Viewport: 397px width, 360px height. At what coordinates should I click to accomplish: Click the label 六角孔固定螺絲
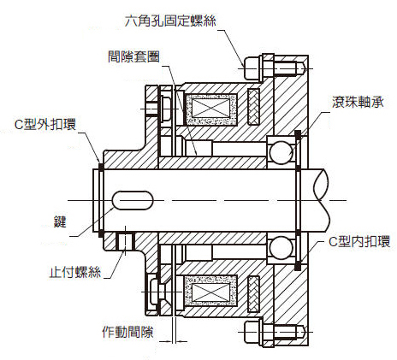[170, 21]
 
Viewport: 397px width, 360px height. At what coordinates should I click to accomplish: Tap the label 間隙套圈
[133, 56]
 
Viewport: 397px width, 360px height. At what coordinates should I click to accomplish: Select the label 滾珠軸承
[358, 102]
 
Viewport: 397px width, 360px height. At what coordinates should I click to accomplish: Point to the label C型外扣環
[45, 124]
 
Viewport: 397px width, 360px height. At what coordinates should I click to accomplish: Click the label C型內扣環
[359, 241]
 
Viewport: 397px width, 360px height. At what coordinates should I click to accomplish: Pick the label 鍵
[60, 221]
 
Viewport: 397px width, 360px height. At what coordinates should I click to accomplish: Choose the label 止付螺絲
[75, 272]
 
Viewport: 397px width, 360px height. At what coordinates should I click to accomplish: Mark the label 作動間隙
[127, 332]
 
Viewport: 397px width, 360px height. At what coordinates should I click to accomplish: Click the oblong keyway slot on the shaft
[133, 200]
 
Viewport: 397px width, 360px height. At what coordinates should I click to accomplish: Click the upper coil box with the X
[211, 109]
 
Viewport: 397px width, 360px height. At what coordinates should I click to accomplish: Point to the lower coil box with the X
[211, 292]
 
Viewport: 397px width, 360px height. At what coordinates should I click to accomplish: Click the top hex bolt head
[252, 68]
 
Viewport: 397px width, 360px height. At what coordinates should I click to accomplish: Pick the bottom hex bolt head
[252, 332]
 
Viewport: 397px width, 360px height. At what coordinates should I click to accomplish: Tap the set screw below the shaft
[126, 241]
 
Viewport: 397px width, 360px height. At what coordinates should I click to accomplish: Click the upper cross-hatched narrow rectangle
[253, 107]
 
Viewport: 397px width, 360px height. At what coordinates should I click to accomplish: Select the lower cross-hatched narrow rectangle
[253, 294]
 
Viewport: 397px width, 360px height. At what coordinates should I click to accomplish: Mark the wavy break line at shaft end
[322, 200]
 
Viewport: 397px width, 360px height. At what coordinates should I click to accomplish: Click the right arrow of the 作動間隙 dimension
[182, 341]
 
